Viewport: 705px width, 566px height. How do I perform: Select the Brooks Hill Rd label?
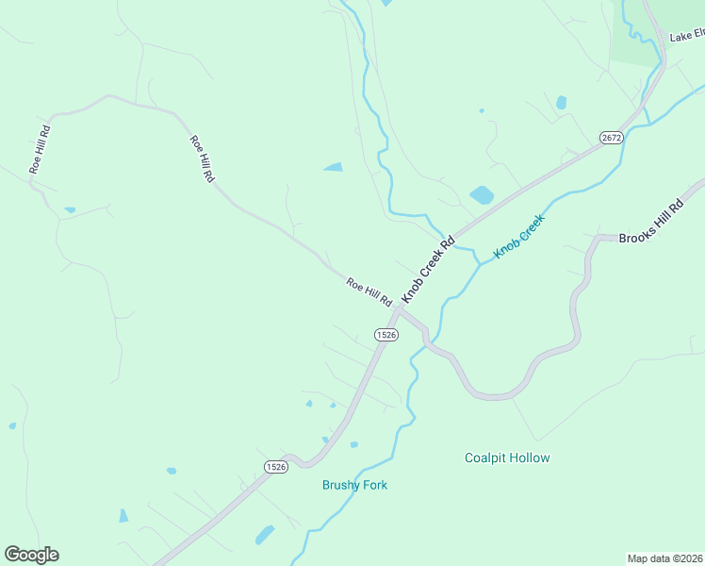[x=650, y=223]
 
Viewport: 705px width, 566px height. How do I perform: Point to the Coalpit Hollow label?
[x=507, y=458]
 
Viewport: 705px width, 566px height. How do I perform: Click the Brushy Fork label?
[x=354, y=485]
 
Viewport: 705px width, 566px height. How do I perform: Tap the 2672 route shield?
[x=611, y=138]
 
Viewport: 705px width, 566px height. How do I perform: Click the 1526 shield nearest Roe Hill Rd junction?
[x=385, y=335]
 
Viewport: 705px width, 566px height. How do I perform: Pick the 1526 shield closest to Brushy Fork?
[x=275, y=467]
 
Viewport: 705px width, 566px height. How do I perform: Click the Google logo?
[x=31, y=555]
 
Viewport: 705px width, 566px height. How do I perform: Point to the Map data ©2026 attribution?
[x=664, y=558]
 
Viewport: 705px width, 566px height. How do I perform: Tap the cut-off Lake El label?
[x=686, y=37]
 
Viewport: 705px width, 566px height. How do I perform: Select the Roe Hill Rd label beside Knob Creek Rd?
[x=369, y=291]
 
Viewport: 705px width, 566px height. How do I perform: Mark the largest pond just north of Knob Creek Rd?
[x=482, y=195]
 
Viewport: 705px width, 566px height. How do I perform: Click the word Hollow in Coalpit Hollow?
[x=531, y=458]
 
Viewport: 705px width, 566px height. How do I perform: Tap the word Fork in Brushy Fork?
[x=373, y=485]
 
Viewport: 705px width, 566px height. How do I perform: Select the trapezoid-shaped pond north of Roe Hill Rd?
[x=333, y=168]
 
